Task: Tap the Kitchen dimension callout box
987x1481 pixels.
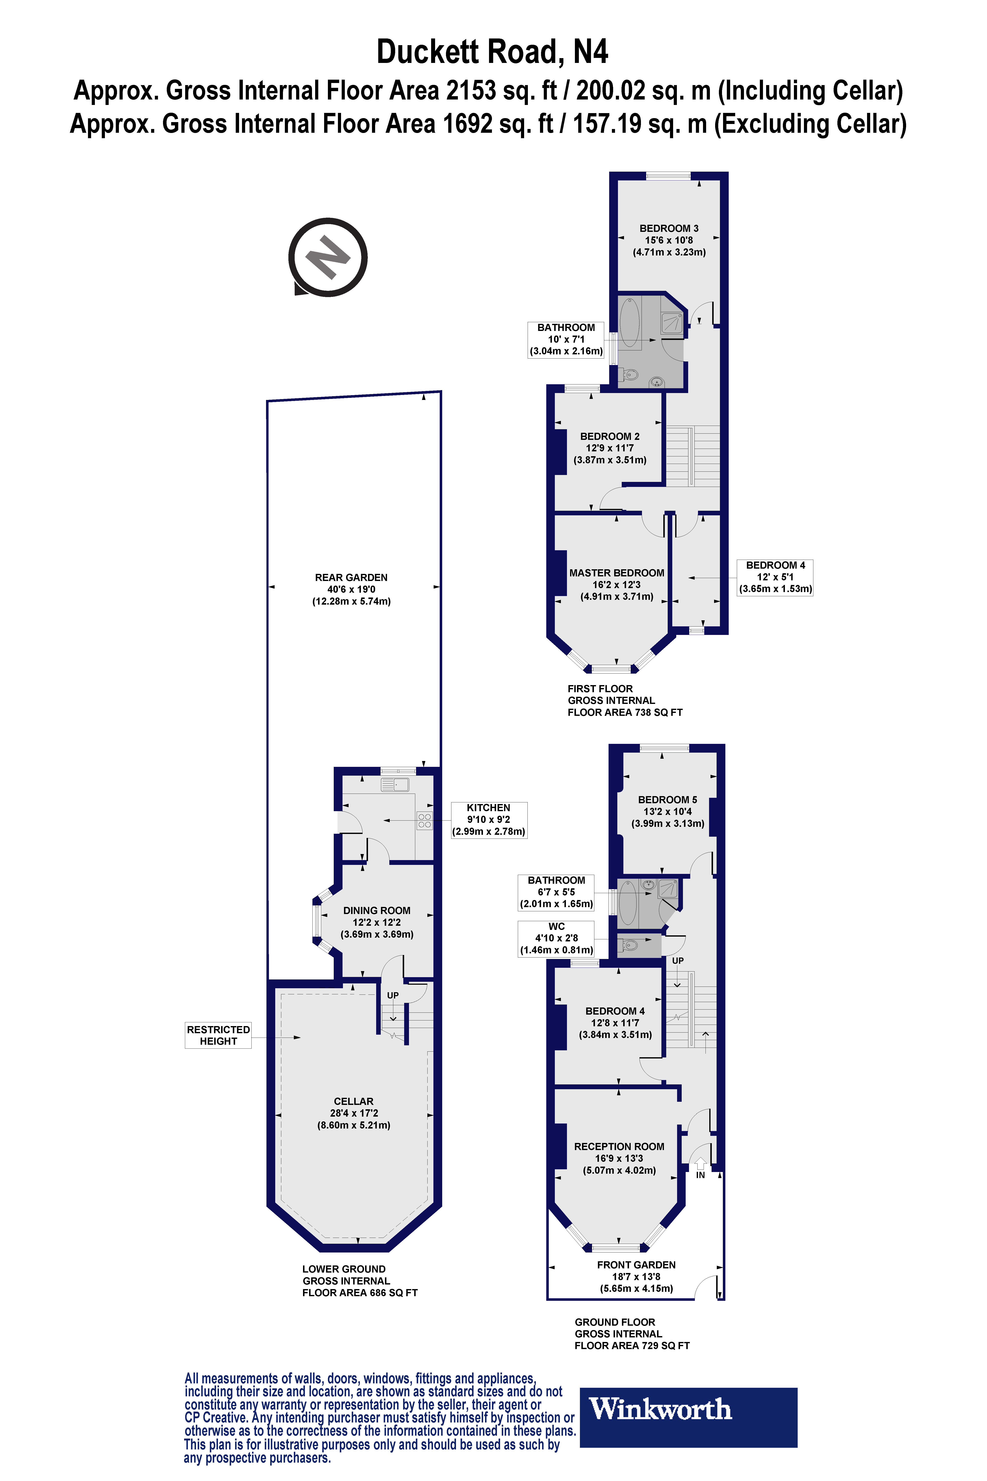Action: (x=488, y=819)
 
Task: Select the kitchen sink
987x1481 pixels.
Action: (x=395, y=785)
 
